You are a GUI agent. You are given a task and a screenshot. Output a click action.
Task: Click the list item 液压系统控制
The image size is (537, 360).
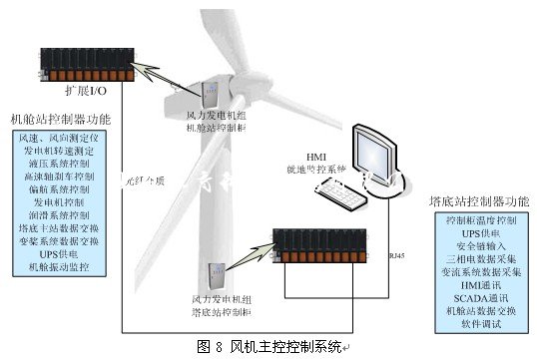click(x=61, y=162)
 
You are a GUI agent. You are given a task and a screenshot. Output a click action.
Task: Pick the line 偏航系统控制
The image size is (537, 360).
click(x=61, y=187)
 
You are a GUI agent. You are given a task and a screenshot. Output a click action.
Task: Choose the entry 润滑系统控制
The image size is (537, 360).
click(x=61, y=214)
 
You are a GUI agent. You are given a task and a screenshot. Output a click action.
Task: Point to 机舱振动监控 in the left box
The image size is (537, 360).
click(x=61, y=267)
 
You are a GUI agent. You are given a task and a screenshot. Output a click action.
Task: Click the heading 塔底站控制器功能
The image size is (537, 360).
click(x=478, y=200)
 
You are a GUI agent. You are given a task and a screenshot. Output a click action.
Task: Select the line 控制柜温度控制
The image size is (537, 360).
click(x=479, y=218)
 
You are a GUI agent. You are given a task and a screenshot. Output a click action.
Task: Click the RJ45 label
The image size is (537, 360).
click(x=397, y=256)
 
